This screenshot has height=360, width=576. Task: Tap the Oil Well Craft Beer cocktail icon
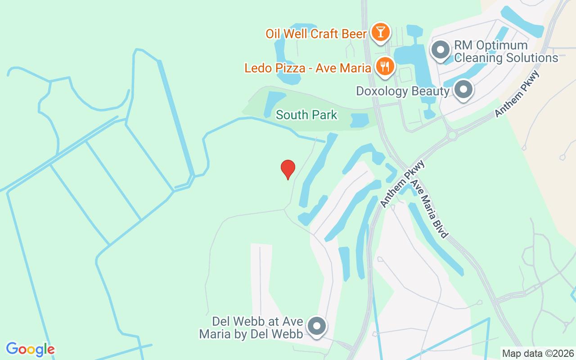pyautogui.click(x=381, y=32)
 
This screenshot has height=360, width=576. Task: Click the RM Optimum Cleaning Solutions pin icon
pyautogui.click(x=441, y=49)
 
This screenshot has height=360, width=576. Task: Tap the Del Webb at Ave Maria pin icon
pyautogui.click(x=318, y=326)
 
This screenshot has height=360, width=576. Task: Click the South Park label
pyautogui.click(x=306, y=115)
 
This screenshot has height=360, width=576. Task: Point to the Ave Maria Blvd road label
pyautogui.click(x=430, y=209)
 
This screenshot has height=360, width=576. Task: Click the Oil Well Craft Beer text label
pyautogui.click(x=316, y=33)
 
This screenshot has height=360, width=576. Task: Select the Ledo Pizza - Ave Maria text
pyautogui.click(x=308, y=68)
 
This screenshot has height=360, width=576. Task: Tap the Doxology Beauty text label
pyautogui.click(x=402, y=91)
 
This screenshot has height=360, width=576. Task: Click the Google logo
pyautogui.click(x=30, y=349)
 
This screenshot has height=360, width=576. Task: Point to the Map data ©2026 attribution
pyautogui.click(x=538, y=354)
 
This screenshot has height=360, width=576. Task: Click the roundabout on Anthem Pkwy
pyautogui.click(x=452, y=135)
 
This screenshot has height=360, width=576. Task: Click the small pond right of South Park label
pyautogui.click(x=359, y=120)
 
